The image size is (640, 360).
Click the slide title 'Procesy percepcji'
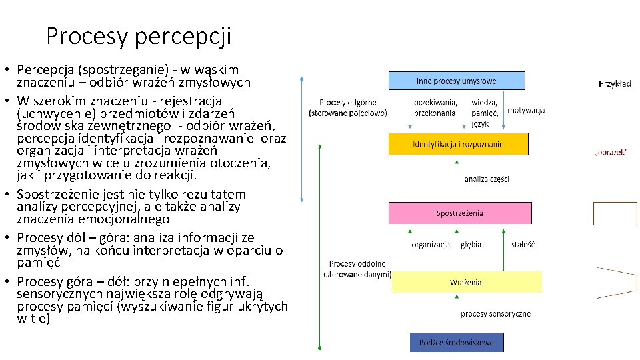pos(139,35)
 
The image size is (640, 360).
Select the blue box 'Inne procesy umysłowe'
pos(457,81)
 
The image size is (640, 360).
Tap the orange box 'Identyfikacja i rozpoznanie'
pos(458,144)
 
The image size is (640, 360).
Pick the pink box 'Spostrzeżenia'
pos(459,213)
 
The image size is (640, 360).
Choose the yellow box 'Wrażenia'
pos(465,282)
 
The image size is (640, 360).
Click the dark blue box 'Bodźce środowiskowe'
pos(457,343)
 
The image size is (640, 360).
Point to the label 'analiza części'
pos(487,179)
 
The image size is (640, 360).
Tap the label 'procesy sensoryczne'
pos(495,313)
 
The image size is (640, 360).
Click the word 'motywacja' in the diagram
pos(526,110)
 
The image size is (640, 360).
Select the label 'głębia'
pos(471,245)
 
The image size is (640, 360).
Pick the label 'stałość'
pos(523,245)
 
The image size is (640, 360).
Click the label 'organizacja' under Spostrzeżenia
pos(431,245)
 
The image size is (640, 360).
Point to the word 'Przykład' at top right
pos(615,84)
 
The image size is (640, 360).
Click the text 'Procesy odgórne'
pos(347,103)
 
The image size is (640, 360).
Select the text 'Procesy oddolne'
pos(357,264)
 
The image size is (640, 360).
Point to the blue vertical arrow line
pos(303,140)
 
